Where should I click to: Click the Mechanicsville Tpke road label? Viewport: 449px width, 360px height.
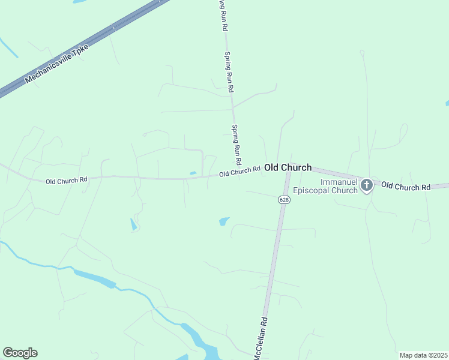click(x=57, y=64)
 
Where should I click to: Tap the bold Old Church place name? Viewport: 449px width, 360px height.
click(x=288, y=168)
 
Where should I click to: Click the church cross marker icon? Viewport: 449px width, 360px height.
click(x=367, y=185)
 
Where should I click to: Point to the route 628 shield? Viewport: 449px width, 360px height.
click(x=284, y=199)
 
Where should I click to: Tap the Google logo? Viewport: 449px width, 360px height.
click(x=20, y=353)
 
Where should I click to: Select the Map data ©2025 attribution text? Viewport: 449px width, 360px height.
click(x=423, y=355)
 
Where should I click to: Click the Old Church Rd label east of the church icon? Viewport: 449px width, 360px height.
click(x=406, y=187)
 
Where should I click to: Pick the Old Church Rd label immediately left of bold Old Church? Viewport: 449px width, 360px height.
click(x=240, y=172)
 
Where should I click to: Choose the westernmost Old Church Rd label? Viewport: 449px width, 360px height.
click(x=67, y=179)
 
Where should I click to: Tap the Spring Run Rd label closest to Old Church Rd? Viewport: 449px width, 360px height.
click(x=237, y=145)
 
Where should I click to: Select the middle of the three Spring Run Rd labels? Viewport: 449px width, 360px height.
click(x=229, y=71)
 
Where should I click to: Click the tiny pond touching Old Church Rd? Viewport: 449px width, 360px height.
click(x=193, y=173)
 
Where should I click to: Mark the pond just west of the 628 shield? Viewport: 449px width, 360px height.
click(x=224, y=221)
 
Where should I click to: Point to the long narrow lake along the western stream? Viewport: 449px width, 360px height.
click(x=94, y=278)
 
